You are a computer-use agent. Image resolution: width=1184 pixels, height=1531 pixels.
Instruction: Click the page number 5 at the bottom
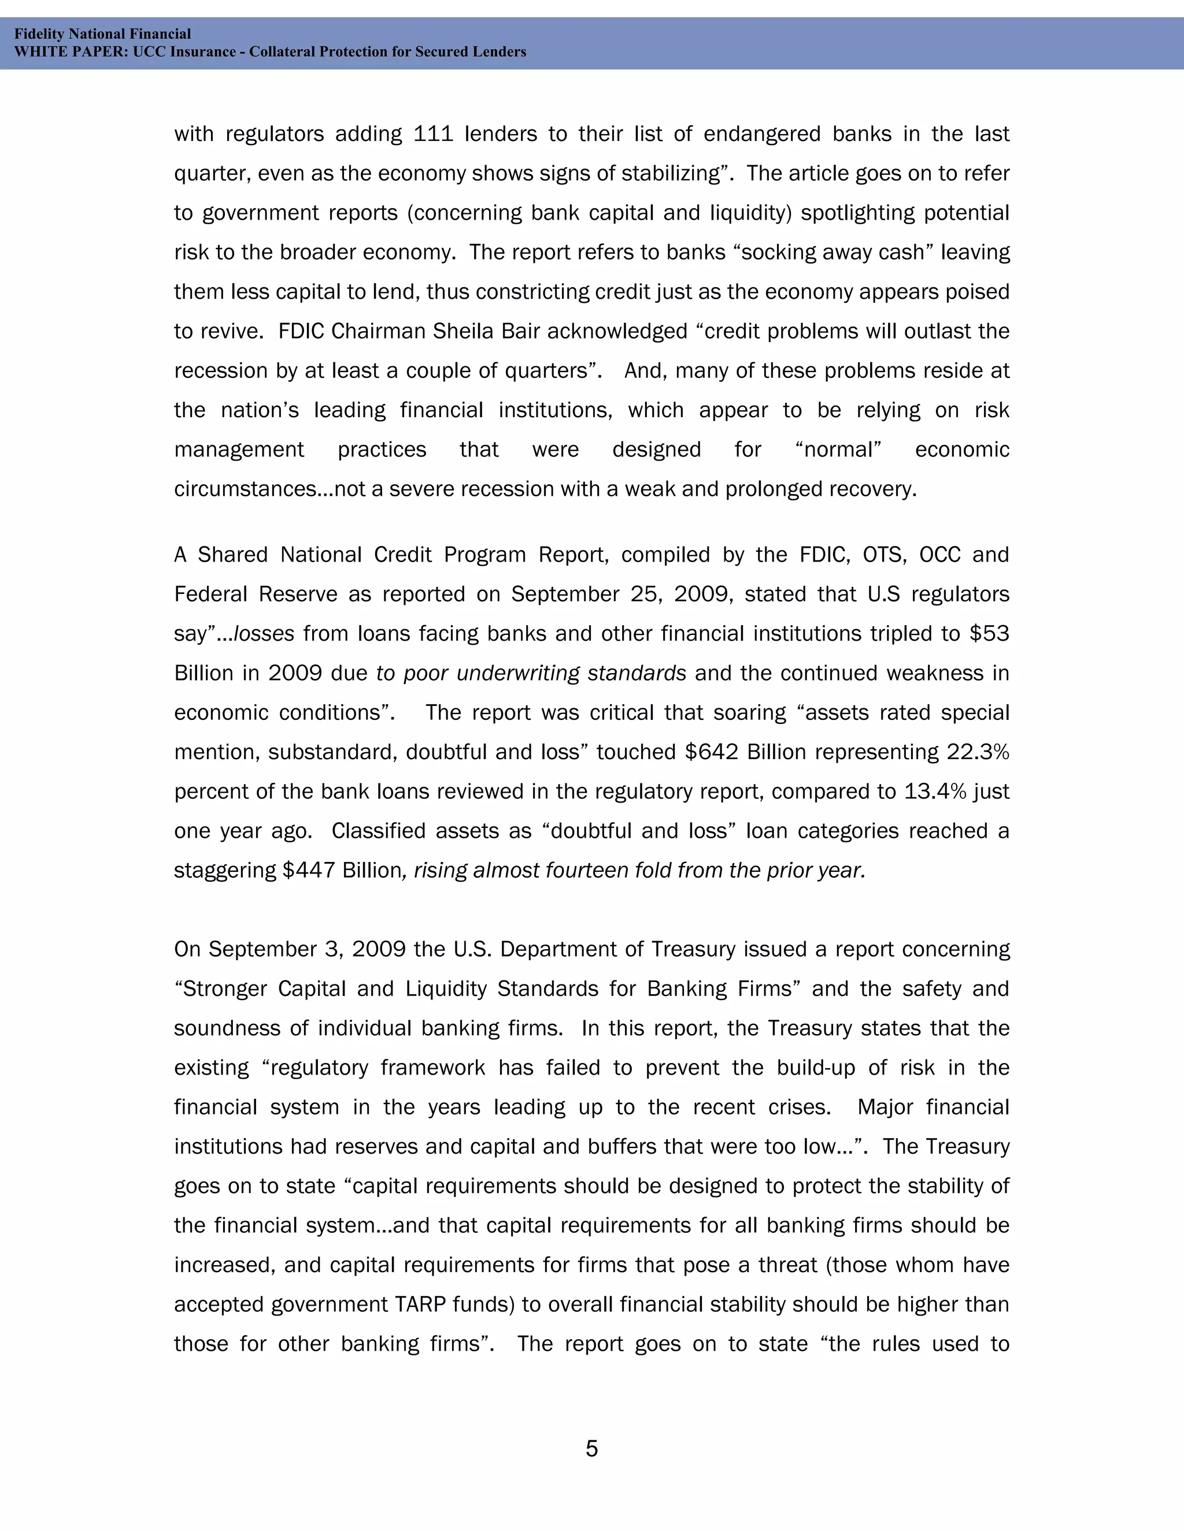pos(591,1448)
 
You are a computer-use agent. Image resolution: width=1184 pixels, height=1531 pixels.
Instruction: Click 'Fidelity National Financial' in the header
pos(102,34)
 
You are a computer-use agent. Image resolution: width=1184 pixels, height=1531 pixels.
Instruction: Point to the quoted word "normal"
pos(838,449)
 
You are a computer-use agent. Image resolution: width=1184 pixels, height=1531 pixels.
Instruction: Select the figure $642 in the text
pos(711,752)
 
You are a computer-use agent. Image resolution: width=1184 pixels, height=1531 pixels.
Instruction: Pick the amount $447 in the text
pos(309,871)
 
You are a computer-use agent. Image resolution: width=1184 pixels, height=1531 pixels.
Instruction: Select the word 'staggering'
pos(224,871)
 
